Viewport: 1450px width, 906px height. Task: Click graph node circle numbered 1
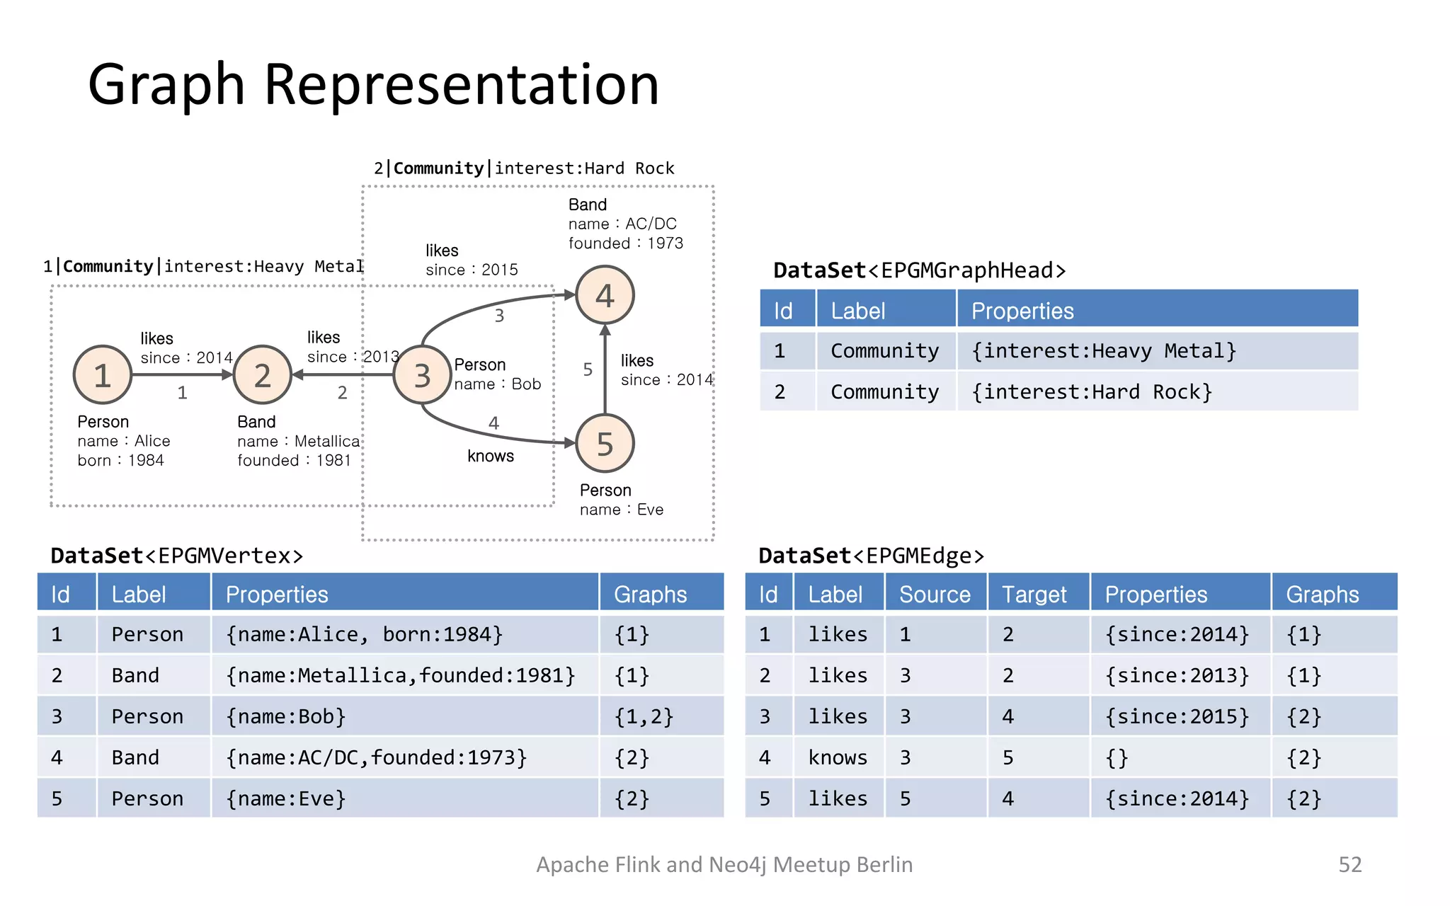point(103,374)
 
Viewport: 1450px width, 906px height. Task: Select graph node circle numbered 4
point(605,295)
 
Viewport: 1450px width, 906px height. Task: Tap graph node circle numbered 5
point(605,444)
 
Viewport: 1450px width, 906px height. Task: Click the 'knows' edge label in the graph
point(490,456)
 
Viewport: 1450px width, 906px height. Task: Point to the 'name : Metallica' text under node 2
point(298,441)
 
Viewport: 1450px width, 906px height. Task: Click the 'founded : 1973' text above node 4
point(625,243)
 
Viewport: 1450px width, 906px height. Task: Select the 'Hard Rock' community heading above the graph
point(524,168)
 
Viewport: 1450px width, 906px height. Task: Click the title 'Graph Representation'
point(373,85)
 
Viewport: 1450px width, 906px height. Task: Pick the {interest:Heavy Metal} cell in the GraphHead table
point(1103,351)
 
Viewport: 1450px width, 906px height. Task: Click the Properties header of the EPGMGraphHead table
point(1022,311)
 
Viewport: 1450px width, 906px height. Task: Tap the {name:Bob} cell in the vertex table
point(285,716)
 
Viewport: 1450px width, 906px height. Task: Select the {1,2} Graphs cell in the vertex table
point(643,716)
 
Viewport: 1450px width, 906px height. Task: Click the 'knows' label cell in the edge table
point(838,757)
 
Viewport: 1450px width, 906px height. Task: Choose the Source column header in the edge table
point(934,594)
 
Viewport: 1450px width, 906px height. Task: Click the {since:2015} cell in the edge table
point(1177,716)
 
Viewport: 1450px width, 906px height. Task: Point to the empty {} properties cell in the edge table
point(1117,757)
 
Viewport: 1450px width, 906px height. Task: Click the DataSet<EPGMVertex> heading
point(177,556)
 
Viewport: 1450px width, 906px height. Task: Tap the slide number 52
point(1349,864)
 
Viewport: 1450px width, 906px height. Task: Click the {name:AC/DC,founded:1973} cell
point(376,757)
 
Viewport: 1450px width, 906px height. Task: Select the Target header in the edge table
point(1034,594)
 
